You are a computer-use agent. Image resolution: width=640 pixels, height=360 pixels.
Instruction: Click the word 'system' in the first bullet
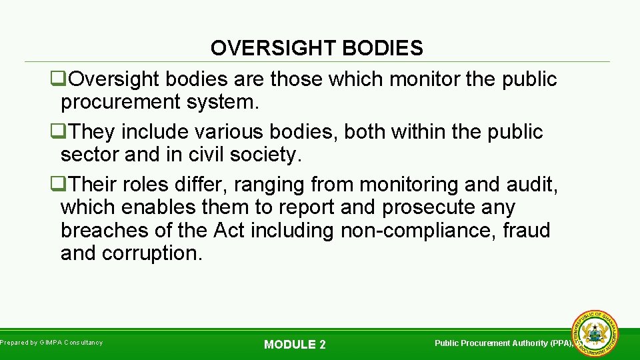[224, 103]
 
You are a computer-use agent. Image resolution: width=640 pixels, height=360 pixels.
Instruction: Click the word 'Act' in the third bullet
[229, 230]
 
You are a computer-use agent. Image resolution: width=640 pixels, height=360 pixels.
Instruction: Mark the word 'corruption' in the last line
[151, 253]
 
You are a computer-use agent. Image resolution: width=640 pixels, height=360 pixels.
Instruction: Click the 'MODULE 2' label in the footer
[295, 345]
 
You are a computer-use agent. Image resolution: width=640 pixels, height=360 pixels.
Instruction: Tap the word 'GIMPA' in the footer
[51, 343]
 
